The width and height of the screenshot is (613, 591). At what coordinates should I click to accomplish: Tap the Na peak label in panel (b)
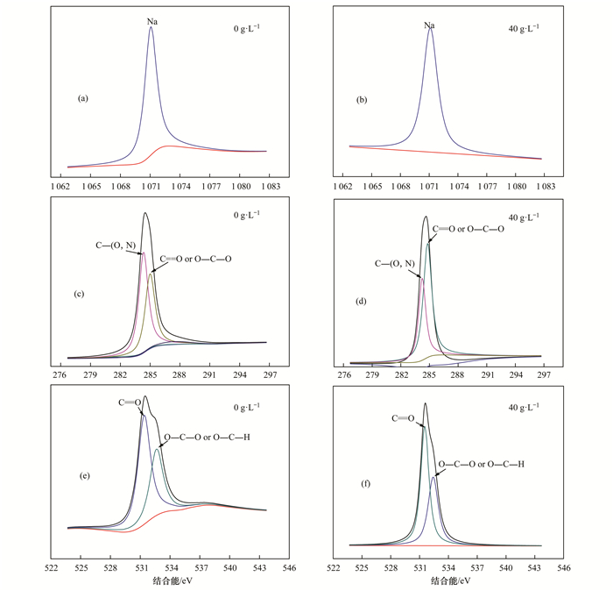coord(430,25)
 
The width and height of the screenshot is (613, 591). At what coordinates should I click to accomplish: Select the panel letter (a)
coord(83,99)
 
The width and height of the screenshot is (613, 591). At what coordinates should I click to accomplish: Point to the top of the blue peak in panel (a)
coord(151,27)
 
